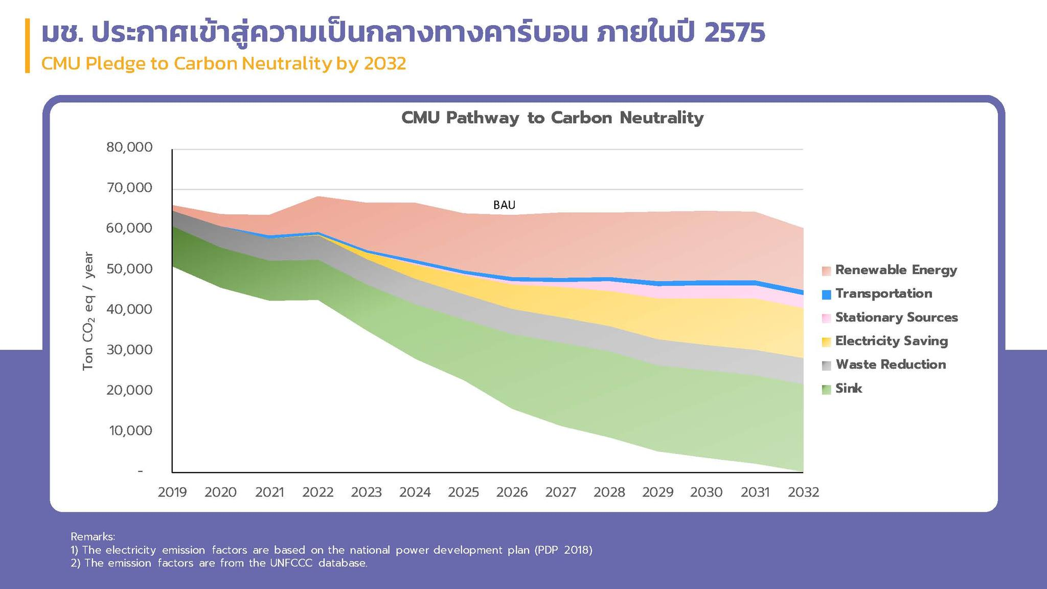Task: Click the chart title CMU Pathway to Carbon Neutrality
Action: pos(552,118)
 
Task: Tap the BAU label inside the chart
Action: pos(504,205)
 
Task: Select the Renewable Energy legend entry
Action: pos(896,270)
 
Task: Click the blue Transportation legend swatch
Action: pos(826,294)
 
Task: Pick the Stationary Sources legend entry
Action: pos(896,318)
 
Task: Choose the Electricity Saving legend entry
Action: pos(891,341)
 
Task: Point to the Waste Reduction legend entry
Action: pos(891,365)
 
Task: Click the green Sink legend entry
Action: pos(848,389)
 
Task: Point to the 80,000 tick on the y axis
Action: pos(129,147)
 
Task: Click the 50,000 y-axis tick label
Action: pos(129,269)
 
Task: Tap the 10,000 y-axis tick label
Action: pos(130,431)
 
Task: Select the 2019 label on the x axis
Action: pos(172,492)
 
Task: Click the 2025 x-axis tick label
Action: pos(463,492)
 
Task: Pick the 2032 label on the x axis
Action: pos(803,492)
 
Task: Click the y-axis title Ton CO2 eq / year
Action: pos(88,310)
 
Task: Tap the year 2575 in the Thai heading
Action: pos(734,33)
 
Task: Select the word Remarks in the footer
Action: pos(93,537)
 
